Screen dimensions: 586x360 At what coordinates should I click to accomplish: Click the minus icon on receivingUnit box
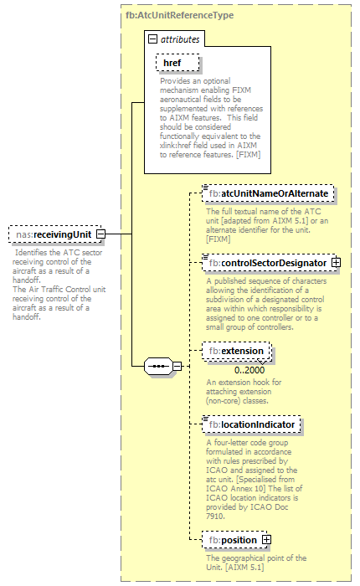[x=100, y=234]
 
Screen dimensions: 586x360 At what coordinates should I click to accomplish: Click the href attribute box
[x=172, y=63]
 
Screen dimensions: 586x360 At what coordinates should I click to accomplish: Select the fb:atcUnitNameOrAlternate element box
[x=269, y=194]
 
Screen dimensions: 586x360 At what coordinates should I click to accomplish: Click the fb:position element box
[x=233, y=540]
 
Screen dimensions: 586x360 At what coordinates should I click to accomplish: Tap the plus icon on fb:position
[x=266, y=540]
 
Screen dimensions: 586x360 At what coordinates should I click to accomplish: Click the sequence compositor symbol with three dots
[x=157, y=366]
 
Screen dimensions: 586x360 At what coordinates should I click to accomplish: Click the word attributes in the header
[x=180, y=39]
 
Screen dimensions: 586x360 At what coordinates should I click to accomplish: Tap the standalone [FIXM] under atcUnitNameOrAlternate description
[x=219, y=239]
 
